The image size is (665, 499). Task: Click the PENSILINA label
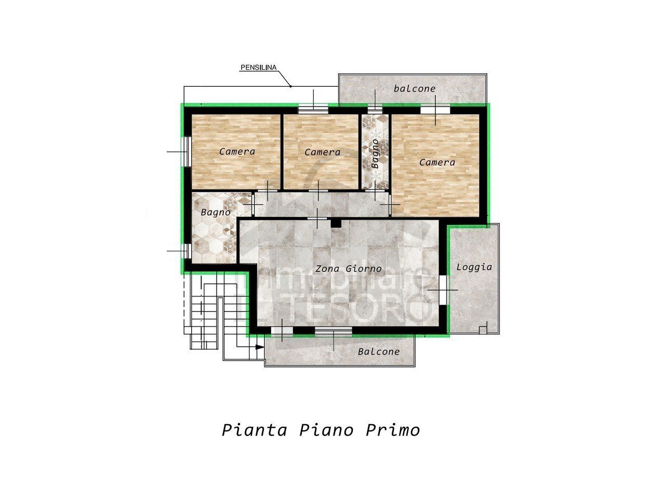pyautogui.click(x=258, y=68)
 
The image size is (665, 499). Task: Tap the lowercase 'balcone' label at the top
pyautogui.click(x=415, y=89)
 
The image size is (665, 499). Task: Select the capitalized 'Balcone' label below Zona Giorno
pyautogui.click(x=379, y=352)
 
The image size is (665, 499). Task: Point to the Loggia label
pyautogui.click(x=474, y=267)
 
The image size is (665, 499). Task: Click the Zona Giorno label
pyautogui.click(x=349, y=269)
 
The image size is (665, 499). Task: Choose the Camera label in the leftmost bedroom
pyautogui.click(x=237, y=152)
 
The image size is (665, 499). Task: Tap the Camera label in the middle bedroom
pyautogui.click(x=322, y=152)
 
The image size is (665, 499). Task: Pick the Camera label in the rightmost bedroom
pyautogui.click(x=437, y=162)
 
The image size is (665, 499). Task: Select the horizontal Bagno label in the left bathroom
pyautogui.click(x=216, y=212)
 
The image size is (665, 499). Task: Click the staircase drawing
pyautogui.click(x=208, y=312)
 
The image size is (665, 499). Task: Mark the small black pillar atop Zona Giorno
pyautogui.click(x=336, y=223)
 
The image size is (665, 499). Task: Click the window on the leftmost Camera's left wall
pyautogui.click(x=188, y=152)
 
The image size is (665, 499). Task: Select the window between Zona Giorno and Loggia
pyautogui.click(x=443, y=290)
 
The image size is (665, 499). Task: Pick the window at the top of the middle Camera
pyautogui.click(x=313, y=110)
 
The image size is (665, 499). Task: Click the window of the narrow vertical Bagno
pyautogui.click(x=375, y=110)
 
